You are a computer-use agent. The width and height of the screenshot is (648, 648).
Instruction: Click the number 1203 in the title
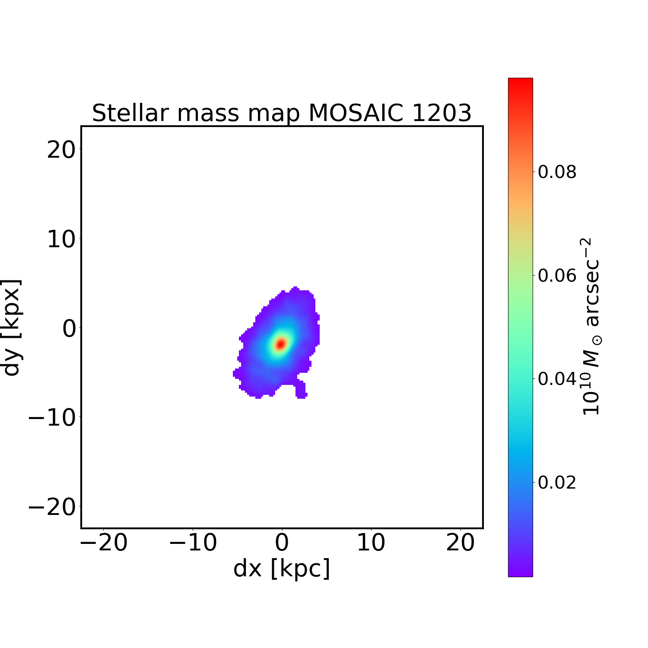442,113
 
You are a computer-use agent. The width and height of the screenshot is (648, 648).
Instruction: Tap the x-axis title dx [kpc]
282,569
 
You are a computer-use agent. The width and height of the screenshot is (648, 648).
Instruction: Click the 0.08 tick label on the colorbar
557,172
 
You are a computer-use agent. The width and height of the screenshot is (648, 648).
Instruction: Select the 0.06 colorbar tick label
557,275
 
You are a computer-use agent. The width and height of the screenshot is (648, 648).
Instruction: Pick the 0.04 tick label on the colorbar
557,379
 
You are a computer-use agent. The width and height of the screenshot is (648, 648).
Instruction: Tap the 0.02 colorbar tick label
557,482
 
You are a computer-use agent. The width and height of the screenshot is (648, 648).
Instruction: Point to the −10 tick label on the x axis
193,543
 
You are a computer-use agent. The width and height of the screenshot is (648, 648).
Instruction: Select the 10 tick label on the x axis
371,543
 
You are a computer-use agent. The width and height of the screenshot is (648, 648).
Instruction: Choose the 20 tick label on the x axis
461,543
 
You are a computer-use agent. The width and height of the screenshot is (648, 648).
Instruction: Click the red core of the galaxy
281,344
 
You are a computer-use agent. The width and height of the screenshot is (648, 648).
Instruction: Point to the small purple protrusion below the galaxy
301,390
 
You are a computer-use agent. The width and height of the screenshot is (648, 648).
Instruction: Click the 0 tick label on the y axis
69,328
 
